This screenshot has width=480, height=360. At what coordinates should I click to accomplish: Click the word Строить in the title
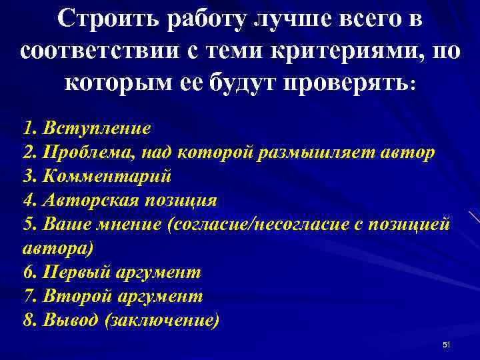coord(99,20)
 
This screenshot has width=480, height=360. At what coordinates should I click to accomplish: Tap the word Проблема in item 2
coord(76,152)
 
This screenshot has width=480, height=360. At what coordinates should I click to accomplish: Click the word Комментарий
coord(107,176)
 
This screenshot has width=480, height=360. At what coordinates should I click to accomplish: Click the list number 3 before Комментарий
coord(27,176)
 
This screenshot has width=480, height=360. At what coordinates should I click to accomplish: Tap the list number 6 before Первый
coord(27,272)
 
